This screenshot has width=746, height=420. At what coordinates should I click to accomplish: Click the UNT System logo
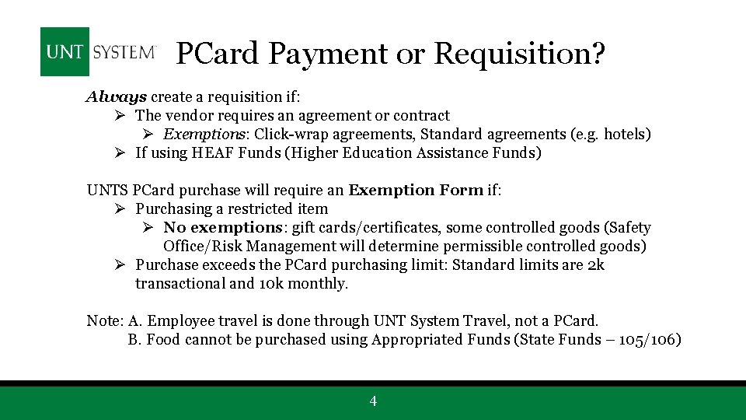tap(99, 52)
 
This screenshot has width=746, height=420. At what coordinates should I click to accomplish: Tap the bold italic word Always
tap(116, 97)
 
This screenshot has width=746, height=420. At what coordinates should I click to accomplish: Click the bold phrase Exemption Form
tap(416, 191)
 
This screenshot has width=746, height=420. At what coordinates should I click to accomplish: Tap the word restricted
tap(260, 209)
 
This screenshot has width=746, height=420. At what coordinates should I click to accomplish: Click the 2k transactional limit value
tap(596, 265)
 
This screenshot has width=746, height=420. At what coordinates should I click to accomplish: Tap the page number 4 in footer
tap(373, 401)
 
